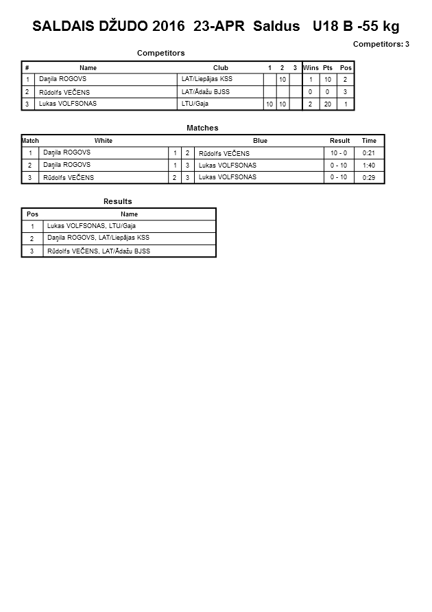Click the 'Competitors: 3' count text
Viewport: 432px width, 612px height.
tap(381, 44)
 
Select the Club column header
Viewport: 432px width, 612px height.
tap(221, 68)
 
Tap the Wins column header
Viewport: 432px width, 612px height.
tap(311, 68)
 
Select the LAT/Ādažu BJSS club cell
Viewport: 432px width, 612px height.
tap(205, 92)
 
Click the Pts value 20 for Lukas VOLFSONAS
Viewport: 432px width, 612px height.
tap(328, 104)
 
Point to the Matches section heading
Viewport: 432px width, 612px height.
tap(202, 128)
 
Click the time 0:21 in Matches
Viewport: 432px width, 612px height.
tap(369, 153)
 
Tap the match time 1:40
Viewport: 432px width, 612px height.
tap(369, 166)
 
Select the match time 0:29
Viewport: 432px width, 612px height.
tap(369, 178)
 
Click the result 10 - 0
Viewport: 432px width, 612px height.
tap(339, 153)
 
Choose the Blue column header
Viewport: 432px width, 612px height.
tap(260, 141)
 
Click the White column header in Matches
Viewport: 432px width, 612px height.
tap(104, 141)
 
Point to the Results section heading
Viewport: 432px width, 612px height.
tap(117, 201)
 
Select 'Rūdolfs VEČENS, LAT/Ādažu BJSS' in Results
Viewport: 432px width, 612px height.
tap(99, 251)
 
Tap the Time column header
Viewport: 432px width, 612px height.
tap(369, 141)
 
